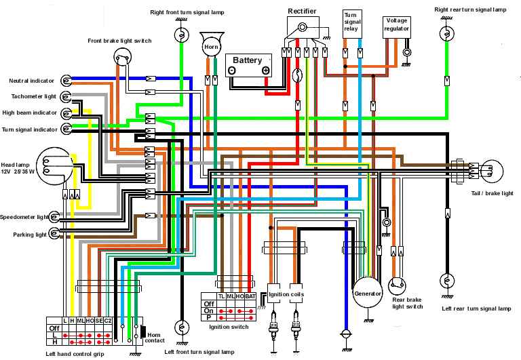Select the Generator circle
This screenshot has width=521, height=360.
(367, 294)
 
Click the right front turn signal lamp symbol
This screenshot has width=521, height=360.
(180, 34)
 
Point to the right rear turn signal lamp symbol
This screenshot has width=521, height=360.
(446, 33)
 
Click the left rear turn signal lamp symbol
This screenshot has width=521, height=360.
(446, 281)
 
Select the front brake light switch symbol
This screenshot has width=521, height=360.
(122, 57)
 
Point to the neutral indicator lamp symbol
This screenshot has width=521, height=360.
(66, 81)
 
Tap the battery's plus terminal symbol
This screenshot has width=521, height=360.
(265, 70)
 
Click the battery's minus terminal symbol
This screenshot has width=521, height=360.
(232, 70)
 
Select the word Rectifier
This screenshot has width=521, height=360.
(302, 12)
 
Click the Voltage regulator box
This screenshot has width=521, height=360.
(396, 28)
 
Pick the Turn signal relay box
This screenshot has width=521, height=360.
(353, 22)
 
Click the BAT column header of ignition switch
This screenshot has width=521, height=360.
(250, 297)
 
